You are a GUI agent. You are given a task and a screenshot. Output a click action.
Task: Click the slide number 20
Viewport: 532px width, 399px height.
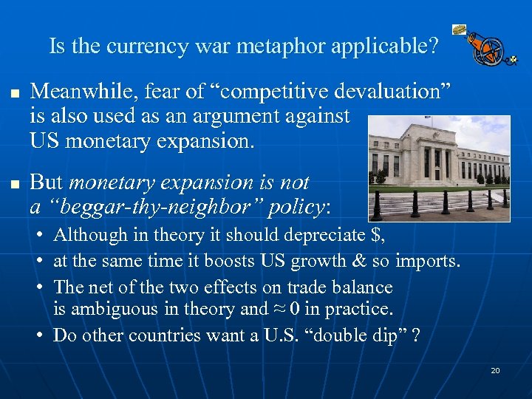pos(495,370)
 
